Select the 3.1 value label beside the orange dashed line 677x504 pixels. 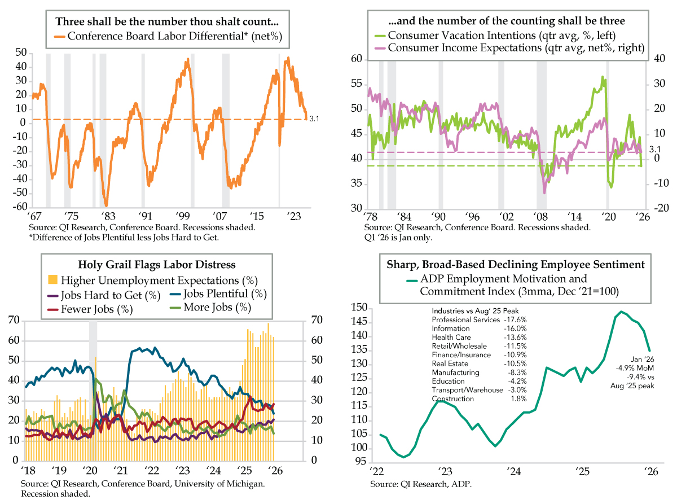[x=315, y=120]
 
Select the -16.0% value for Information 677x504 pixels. [x=515, y=328]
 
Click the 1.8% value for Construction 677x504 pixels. [x=518, y=398]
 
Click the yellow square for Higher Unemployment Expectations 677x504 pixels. [x=52, y=279]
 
